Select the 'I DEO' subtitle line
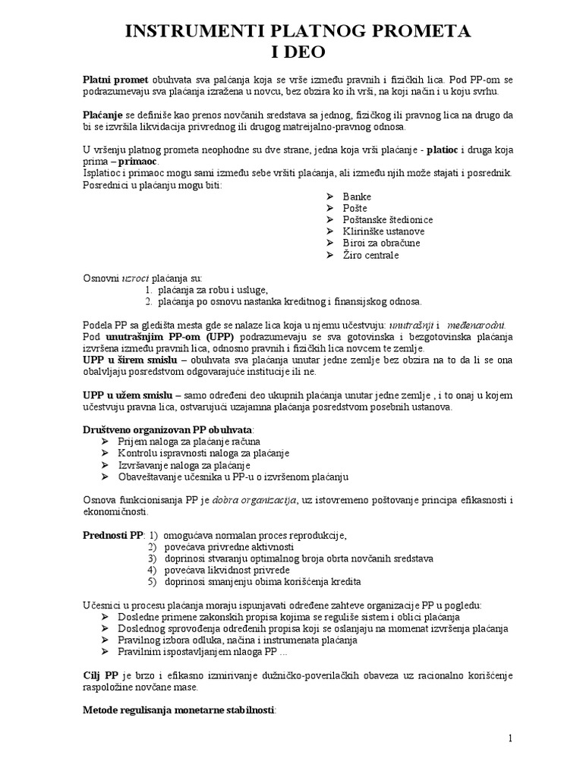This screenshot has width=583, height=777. click(x=291, y=52)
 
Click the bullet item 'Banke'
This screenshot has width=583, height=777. click(x=357, y=197)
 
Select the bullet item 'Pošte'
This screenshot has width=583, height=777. click(x=355, y=208)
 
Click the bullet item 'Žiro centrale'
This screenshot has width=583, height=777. click(x=370, y=255)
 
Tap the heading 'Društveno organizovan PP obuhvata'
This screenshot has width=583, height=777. click(x=168, y=429)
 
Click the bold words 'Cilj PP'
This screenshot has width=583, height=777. click(x=100, y=675)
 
